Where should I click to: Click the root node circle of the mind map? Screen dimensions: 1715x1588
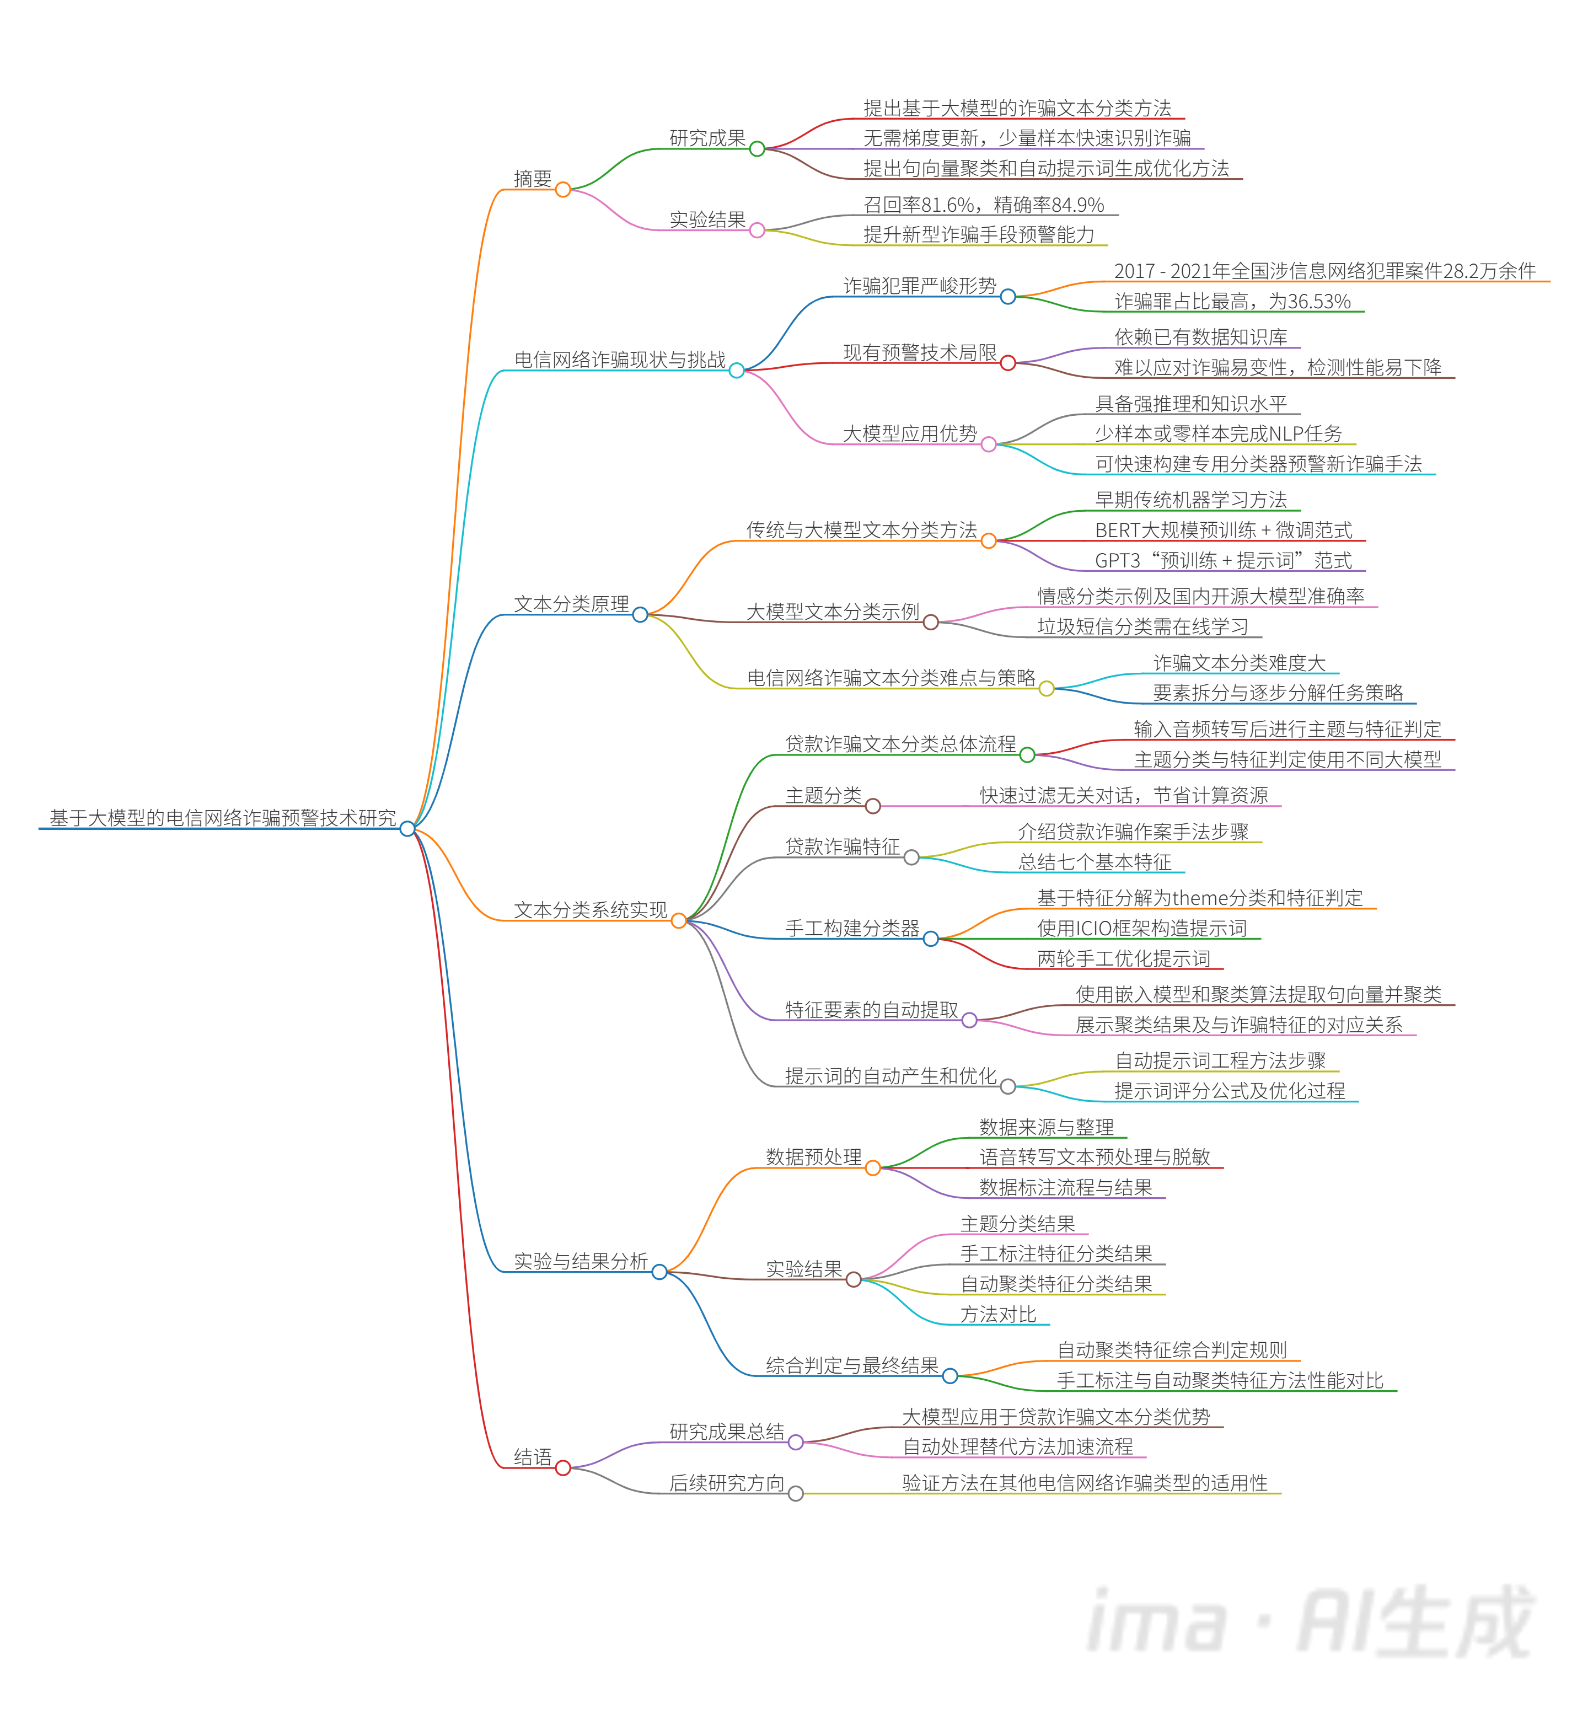click(x=407, y=828)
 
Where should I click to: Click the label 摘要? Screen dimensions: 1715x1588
click(x=532, y=179)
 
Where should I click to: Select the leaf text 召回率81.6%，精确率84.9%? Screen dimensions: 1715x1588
click(x=983, y=205)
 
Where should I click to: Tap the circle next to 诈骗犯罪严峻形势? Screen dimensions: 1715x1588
click(x=1008, y=297)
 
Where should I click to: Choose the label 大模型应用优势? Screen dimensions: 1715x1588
click(x=909, y=434)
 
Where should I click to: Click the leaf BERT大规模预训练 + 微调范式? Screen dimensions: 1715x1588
click(x=1223, y=530)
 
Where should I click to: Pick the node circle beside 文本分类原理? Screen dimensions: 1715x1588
click(x=640, y=614)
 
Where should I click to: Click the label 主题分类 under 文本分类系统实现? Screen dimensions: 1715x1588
click(x=822, y=796)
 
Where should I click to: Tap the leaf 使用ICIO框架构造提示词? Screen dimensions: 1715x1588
click(x=1141, y=928)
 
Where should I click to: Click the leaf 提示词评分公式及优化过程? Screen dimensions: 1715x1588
click(x=1229, y=1091)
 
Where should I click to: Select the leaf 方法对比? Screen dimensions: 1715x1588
click(x=997, y=1315)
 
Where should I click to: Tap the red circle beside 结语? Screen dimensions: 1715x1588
click(x=563, y=1467)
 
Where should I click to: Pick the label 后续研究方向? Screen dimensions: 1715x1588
click(x=726, y=1483)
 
